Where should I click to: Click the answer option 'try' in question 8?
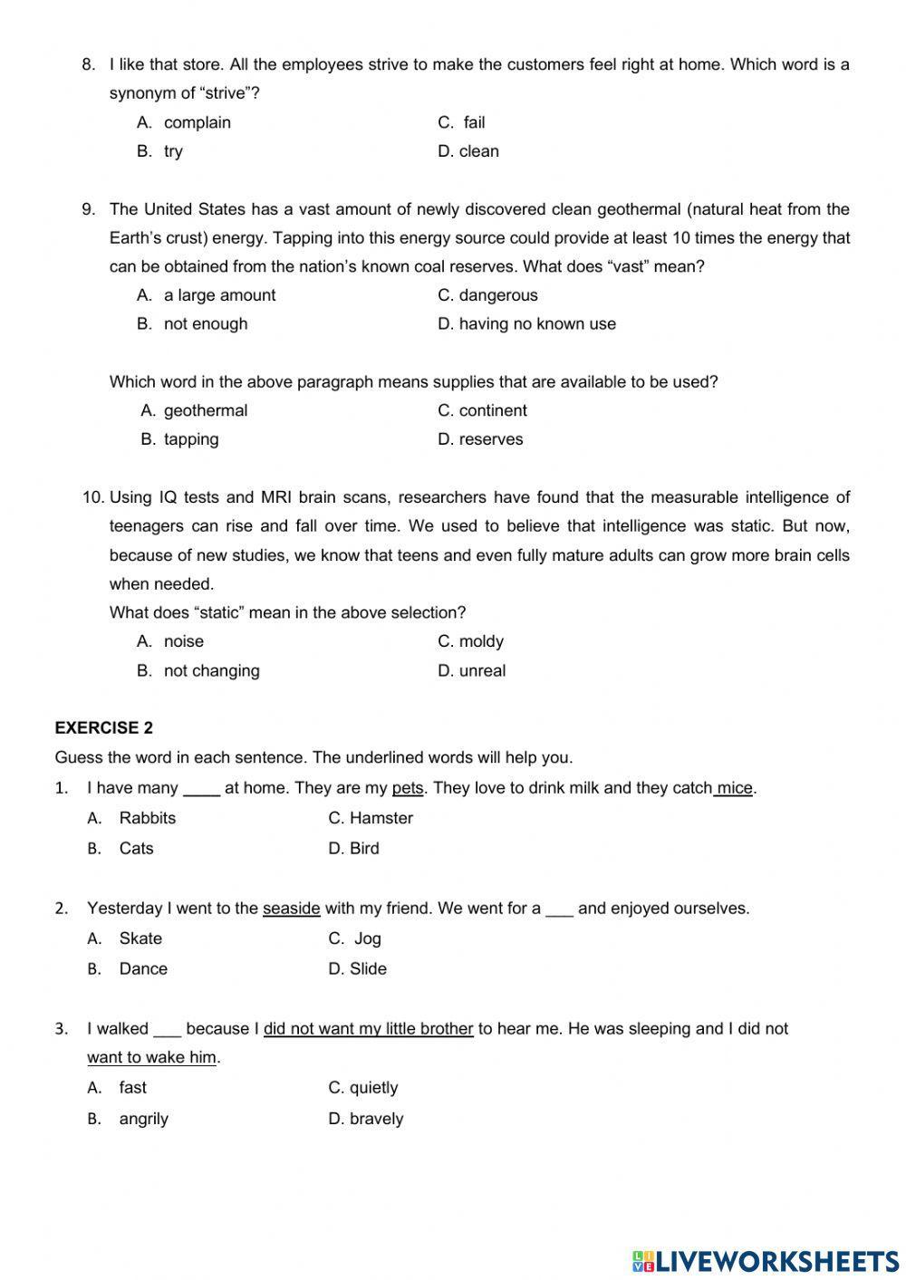tap(173, 151)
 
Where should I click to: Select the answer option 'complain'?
tap(197, 122)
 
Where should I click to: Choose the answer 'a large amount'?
tap(219, 295)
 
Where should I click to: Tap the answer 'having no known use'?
tap(536, 324)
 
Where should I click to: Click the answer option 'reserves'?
tap(490, 439)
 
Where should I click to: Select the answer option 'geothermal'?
tap(205, 410)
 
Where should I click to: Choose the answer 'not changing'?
tap(211, 671)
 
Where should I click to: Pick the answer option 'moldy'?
tap(480, 641)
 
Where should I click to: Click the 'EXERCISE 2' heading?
tap(104, 728)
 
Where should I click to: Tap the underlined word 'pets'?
tap(408, 788)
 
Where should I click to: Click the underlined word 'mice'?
tap(735, 788)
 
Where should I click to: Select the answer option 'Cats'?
tap(136, 849)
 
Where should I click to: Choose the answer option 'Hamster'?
tap(381, 818)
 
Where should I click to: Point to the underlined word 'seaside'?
tap(291, 909)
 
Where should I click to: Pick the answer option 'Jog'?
tap(367, 938)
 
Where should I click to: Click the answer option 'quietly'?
tap(373, 1088)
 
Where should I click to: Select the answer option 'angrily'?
tap(143, 1119)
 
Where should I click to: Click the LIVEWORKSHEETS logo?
tap(766, 1260)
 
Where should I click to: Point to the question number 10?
tap(93, 497)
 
